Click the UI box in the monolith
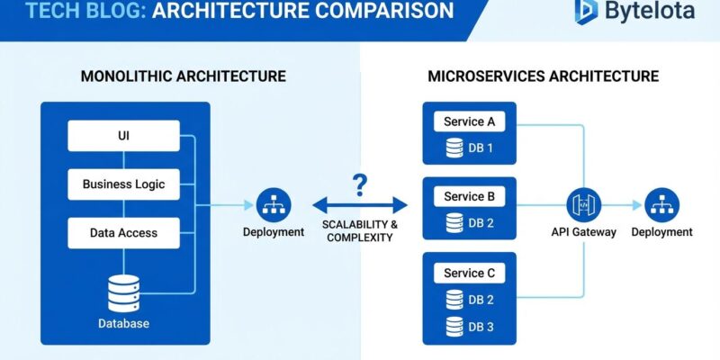[x=123, y=137]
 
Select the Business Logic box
[x=123, y=184]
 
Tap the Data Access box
[x=123, y=233]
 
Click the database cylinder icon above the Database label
[x=125, y=292]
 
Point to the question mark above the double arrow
[x=360, y=185]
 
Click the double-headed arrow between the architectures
[x=359, y=205]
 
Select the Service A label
[x=469, y=121]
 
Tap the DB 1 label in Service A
[x=477, y=148]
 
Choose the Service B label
[x=469, y=196]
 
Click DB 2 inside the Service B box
[x=477, y=222]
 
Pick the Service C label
[x=469, y=273]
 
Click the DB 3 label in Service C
[x=477, y=326]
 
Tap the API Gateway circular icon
[x=583, y=205]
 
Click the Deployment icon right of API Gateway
[x=662, y=205]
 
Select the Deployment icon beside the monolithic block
[x=273, y=205]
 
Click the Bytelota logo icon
[x=586, y=12]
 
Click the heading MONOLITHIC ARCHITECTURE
[x=184, y=76]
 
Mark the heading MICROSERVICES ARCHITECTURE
[x=543, y=76]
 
